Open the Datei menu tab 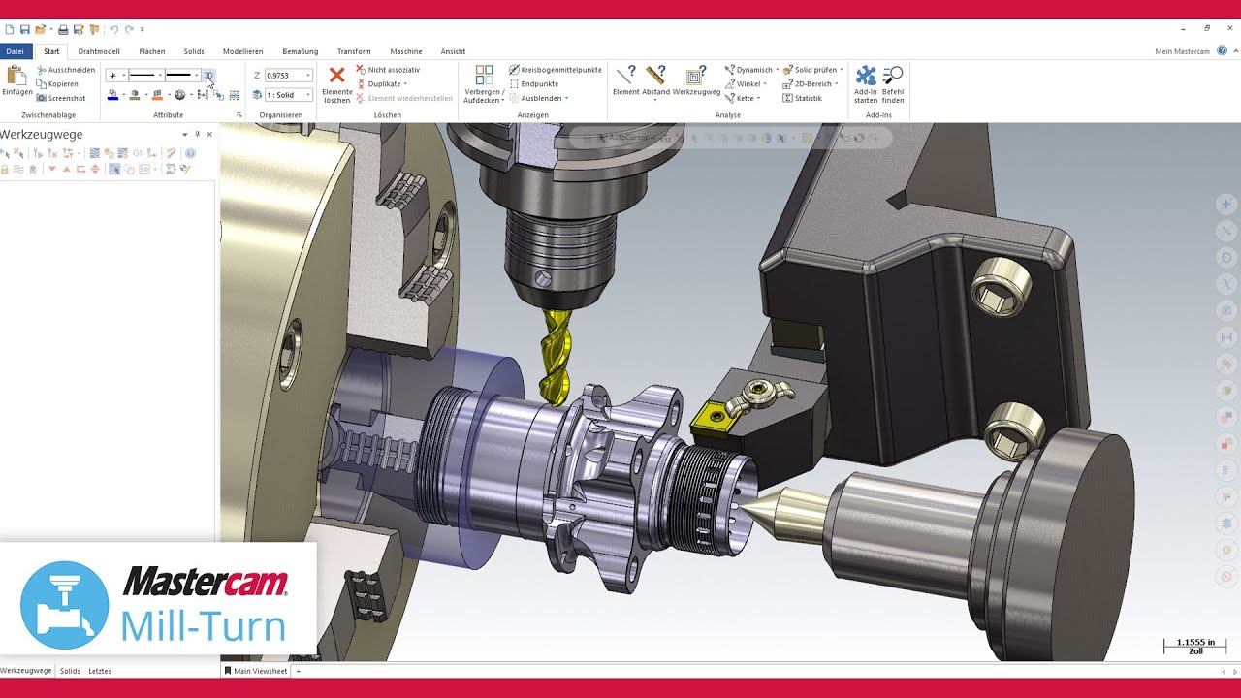[15, 51]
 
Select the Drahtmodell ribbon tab [99, 51]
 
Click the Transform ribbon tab [354, 51]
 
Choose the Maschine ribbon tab [405, 51]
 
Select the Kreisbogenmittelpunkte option [560, 70]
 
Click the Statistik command [807, 98]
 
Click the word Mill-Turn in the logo [203, 625]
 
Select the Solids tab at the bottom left [70, 671]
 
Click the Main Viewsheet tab [260, 671]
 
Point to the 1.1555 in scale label [1194, 643]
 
